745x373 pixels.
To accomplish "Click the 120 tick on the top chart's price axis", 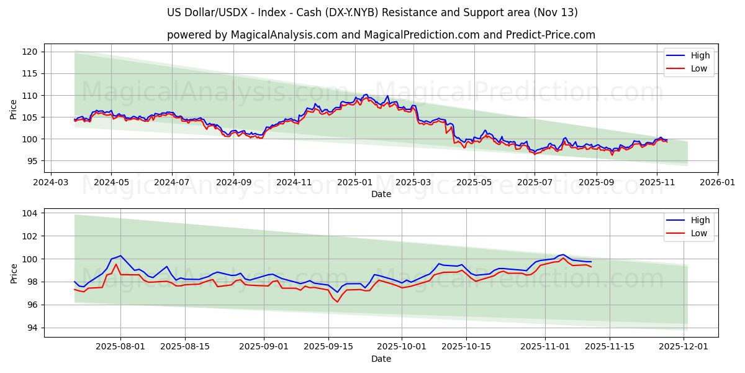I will (x=32, y=52).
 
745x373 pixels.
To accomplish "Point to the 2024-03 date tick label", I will (x=50, y=183).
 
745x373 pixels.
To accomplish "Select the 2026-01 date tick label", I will (x=717, y=183).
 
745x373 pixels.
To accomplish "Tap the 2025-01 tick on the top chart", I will (x=355, y=183).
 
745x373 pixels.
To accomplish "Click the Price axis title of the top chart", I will (x=14, y=109).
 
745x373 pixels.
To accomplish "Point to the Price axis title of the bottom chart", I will (x=14, y=273).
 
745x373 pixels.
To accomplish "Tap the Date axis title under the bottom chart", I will (x=381, y=359).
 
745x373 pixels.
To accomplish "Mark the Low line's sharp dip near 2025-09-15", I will (x=338, y=302).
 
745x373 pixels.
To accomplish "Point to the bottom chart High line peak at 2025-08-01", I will (x=120, y=256).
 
